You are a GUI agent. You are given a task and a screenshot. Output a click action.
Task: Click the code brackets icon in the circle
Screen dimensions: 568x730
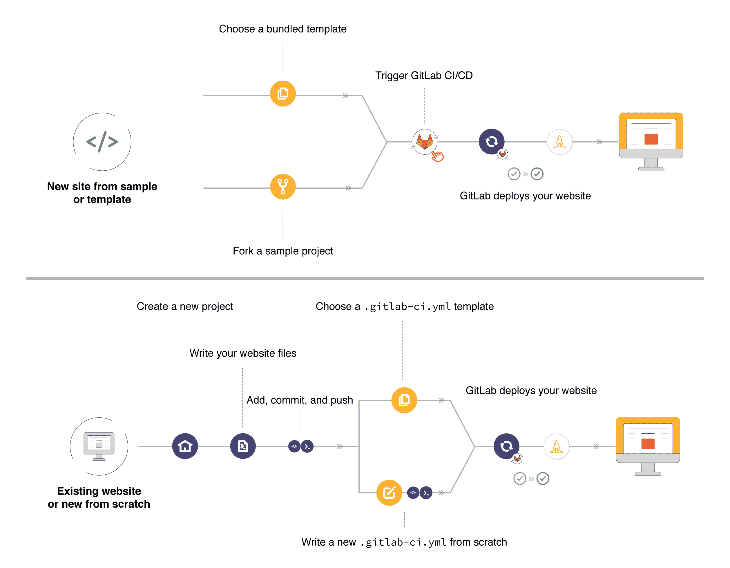[x=102, y=142]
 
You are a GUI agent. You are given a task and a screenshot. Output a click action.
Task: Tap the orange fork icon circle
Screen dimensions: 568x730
[x=283, y=187]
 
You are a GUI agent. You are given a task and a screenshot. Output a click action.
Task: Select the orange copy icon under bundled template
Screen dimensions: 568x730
[x=283, y=93]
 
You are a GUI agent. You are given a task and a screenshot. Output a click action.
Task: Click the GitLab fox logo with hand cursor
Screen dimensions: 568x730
[x=425, y=142]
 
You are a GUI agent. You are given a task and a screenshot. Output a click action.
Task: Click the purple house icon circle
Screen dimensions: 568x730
[x=185, y=446]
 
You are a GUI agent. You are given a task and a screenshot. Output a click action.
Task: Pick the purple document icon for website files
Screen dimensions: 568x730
[x=243, y=446]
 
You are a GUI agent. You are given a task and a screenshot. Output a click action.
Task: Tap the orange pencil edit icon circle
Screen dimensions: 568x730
[x=389, y=493]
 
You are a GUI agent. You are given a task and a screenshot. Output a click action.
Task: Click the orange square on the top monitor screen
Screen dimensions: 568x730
[x=651, y=139]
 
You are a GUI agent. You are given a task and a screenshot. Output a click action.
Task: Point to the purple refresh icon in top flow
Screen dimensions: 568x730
[x=491, y=142]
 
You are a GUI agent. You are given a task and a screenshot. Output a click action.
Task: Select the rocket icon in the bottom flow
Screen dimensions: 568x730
[x=557, y=446]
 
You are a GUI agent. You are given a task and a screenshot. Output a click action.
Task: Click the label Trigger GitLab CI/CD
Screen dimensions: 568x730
[x=424, y=75]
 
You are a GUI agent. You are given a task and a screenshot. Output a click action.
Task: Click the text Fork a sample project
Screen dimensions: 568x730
[x=283, y=251]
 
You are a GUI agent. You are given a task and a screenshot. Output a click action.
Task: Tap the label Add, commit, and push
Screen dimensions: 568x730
[x=300, y=400]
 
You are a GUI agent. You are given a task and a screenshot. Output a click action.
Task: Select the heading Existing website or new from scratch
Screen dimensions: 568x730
[x=99, y=497]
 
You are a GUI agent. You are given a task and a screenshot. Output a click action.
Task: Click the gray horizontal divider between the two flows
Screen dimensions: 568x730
[x=364, y=278]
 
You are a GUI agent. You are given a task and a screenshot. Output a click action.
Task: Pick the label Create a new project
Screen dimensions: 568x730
[x=185, y=306]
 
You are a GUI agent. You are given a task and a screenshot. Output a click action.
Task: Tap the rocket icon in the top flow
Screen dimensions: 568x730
[x=559, y=142]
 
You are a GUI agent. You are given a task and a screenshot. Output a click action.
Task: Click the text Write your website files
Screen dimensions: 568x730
[x=243, y=353]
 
